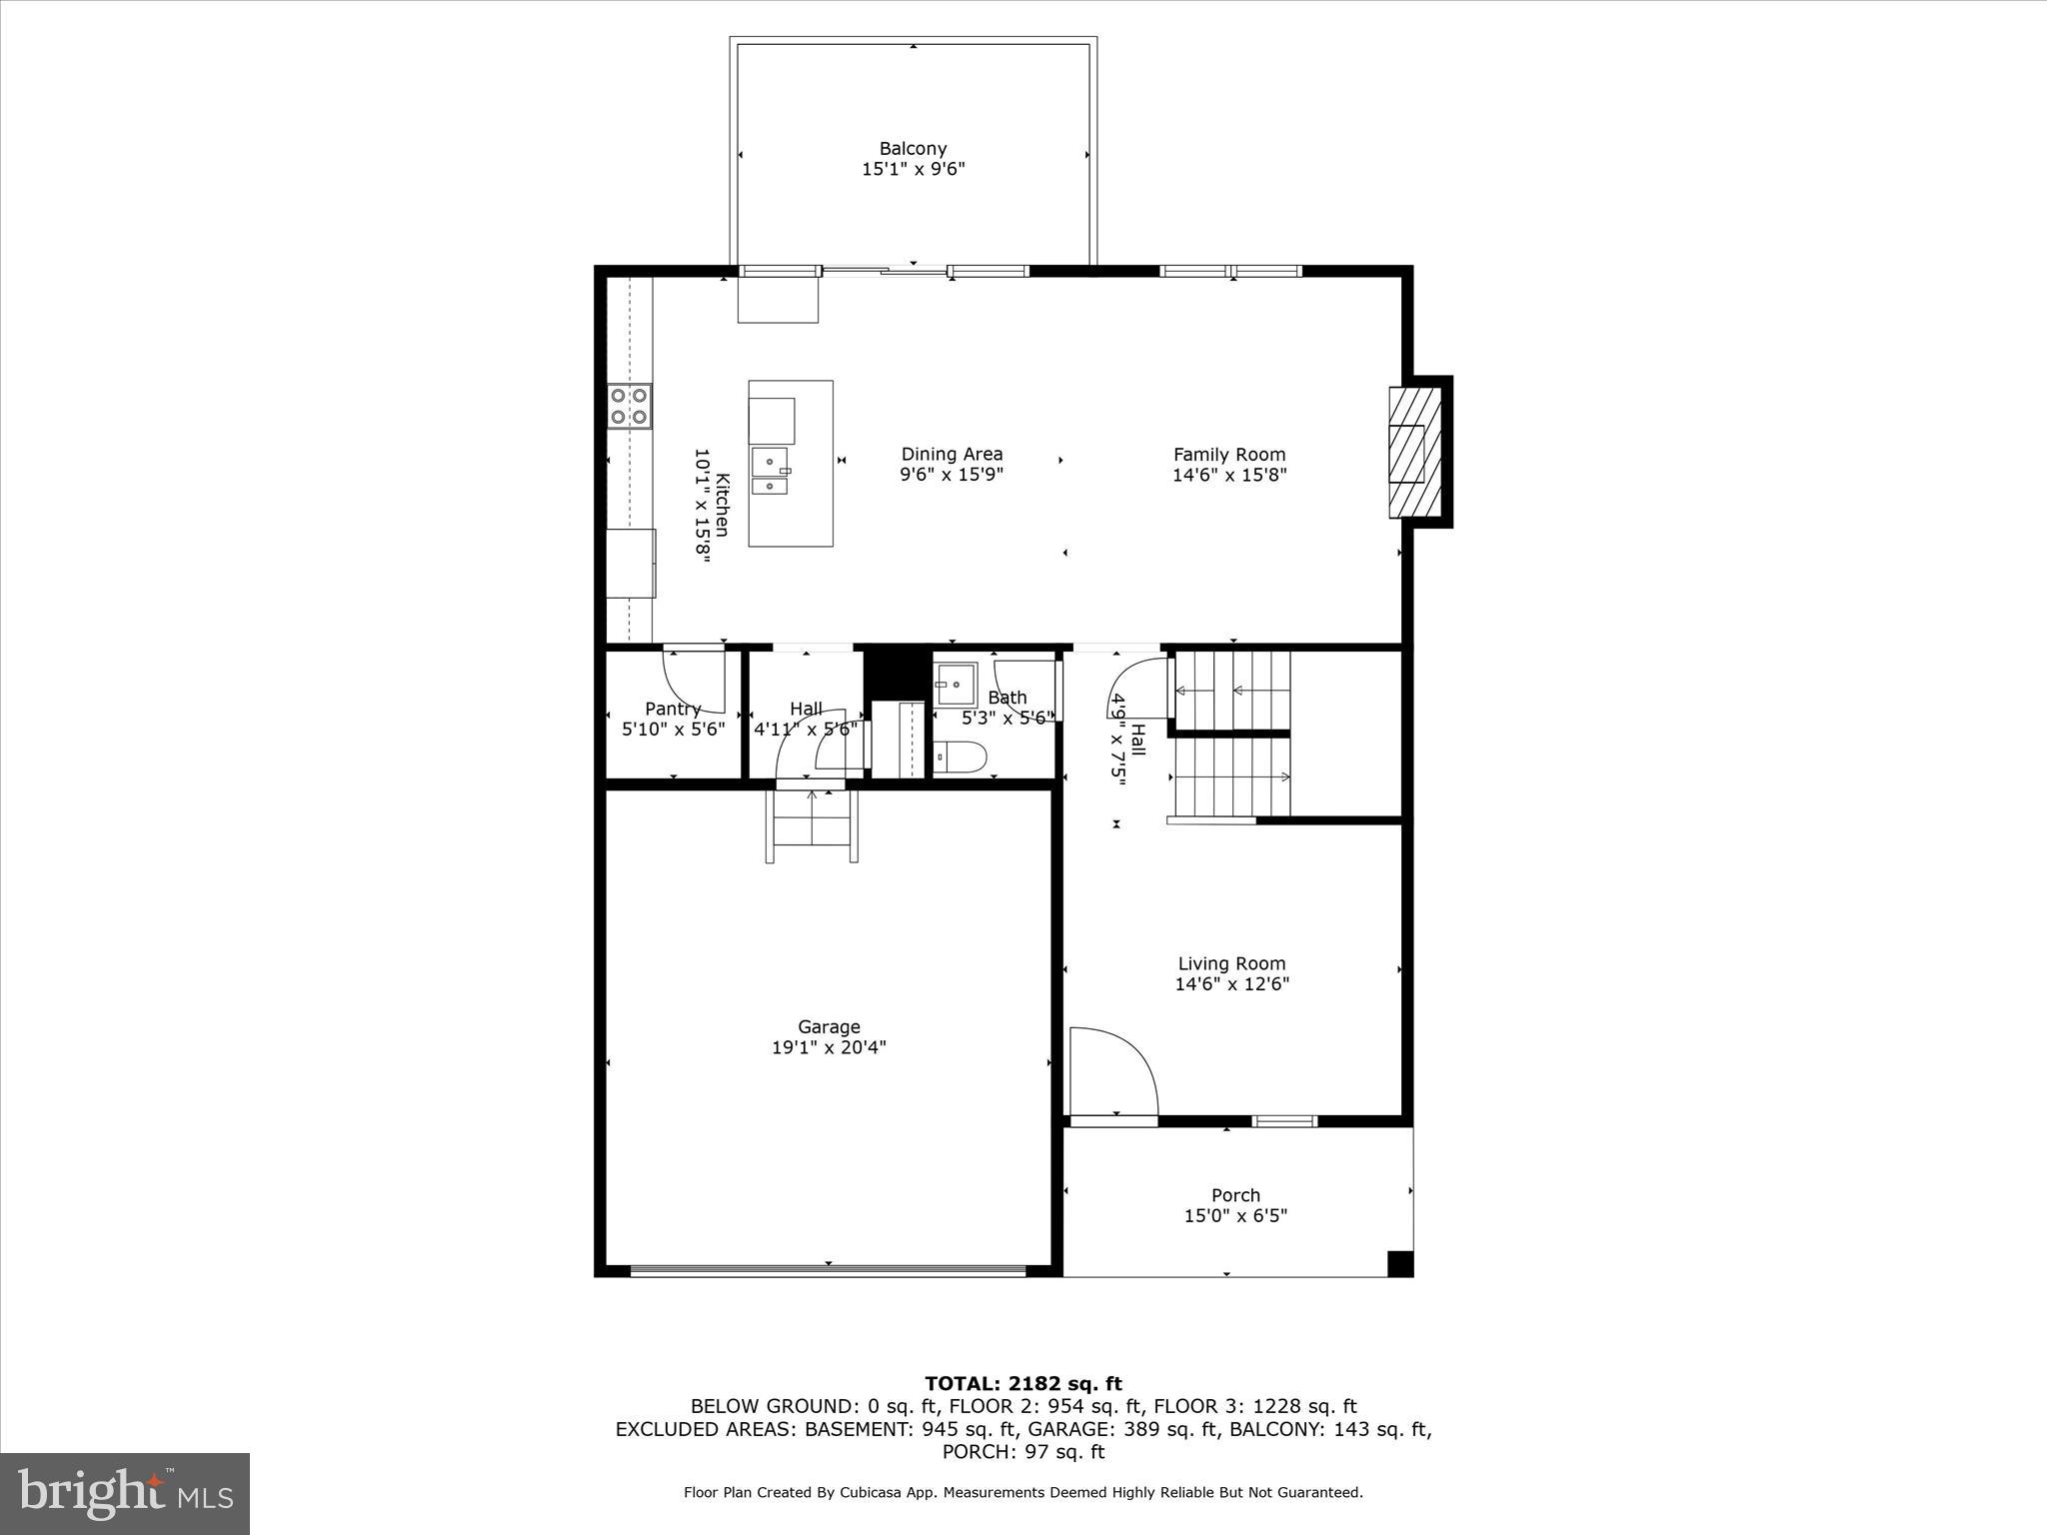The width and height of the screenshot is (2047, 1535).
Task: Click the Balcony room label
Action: pyautogui.click(x=913, y=149)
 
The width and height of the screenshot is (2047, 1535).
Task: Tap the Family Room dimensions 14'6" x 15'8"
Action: pyautogui.click(x=1229, y=476)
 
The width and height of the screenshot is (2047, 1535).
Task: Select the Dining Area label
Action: pyautogui.click(x=952, y=454)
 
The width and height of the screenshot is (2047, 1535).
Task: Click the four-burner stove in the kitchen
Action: pyautogui.click(x=629, y=407)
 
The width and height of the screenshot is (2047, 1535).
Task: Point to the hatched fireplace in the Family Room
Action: pyautogui.click(x=1415, y=453)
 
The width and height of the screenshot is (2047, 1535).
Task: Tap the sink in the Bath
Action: pyautogui.click(x=956, y=685)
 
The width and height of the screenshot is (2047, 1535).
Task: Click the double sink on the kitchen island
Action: pyautogui.click(x=770, y=473)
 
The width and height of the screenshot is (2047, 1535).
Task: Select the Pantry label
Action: pyautogui.click(x=673, y=709)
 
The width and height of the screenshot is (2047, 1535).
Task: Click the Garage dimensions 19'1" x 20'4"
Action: pyautogui.click(x=829, y=1047)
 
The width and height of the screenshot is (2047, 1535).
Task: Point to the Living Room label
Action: pyautogui.click(x=1231, y=963)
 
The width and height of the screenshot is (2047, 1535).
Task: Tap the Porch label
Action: pyautogui.click(x=1235, y=1195)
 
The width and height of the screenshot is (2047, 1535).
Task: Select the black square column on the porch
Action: pyautogui.click(x=1400, y=1264)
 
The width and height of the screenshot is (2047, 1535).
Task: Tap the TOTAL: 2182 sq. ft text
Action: pyautogui.click(x=1023, y=1384)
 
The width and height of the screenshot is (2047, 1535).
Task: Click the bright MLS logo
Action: pyautogui.click(x=125, y=1493)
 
